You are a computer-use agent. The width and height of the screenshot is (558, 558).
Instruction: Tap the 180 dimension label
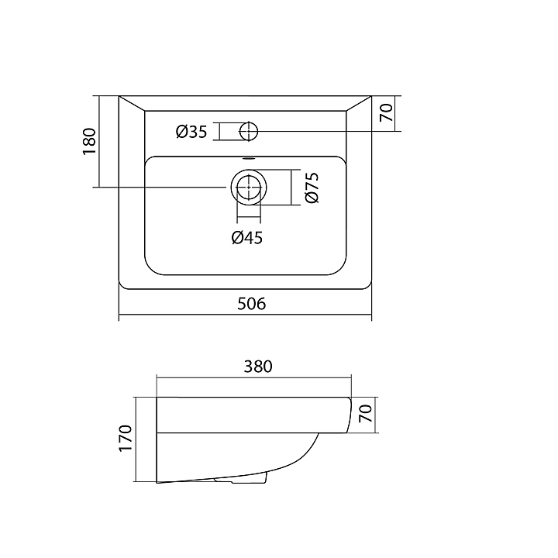tap(89, 142)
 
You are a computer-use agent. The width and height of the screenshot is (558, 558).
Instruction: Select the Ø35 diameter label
tap(191, 132)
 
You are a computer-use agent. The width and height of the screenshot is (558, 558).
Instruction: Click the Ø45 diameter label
tap(246, 237)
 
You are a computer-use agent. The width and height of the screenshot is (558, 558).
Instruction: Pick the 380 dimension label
tap(257, 367)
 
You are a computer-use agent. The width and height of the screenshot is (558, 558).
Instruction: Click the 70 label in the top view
tap(387, 113)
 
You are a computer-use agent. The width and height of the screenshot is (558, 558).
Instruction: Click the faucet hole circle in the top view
tap(249, 131)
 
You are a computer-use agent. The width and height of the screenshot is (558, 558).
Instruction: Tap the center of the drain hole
tap(248, 188)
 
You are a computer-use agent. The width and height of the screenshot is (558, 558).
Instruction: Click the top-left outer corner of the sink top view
tap(119, 96)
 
